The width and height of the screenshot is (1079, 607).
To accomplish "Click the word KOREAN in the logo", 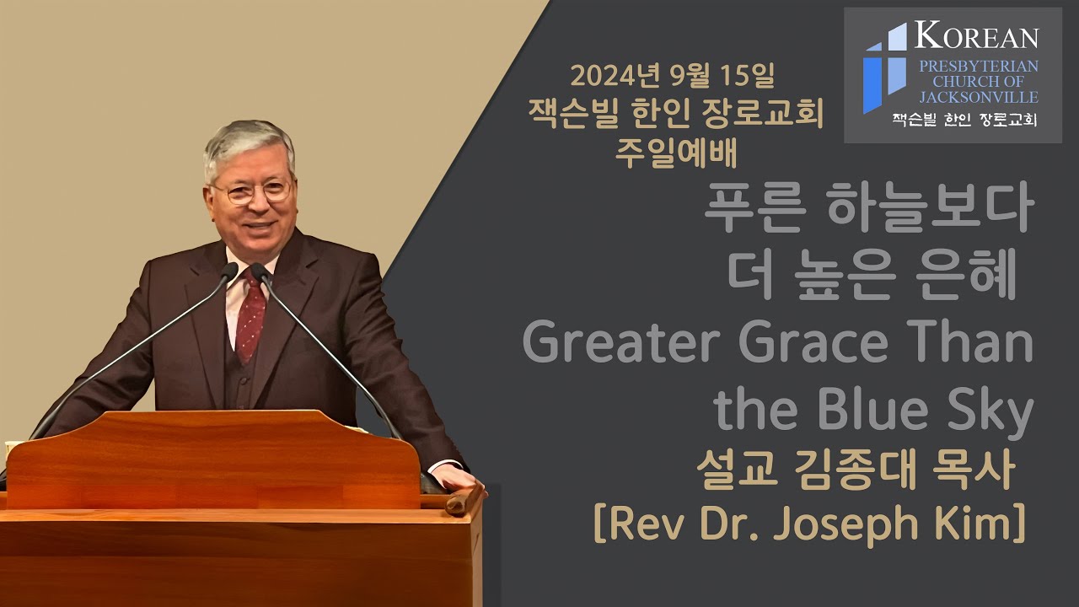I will tap(976, 36).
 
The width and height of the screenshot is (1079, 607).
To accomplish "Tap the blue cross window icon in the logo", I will tap(884, 67).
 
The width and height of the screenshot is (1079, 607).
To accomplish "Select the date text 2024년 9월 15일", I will tap(672, 78).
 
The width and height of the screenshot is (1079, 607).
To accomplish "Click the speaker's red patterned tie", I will tap(250, 316).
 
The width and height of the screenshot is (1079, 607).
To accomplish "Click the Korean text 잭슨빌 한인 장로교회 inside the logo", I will tap(964, 119).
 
